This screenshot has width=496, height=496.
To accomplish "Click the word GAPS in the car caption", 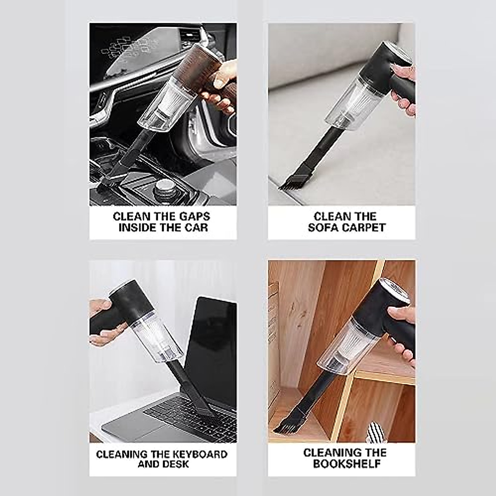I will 195,217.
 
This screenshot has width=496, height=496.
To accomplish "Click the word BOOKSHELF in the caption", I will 346,464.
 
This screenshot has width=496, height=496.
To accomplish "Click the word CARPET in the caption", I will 364,228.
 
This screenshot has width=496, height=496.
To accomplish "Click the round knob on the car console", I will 164,188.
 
